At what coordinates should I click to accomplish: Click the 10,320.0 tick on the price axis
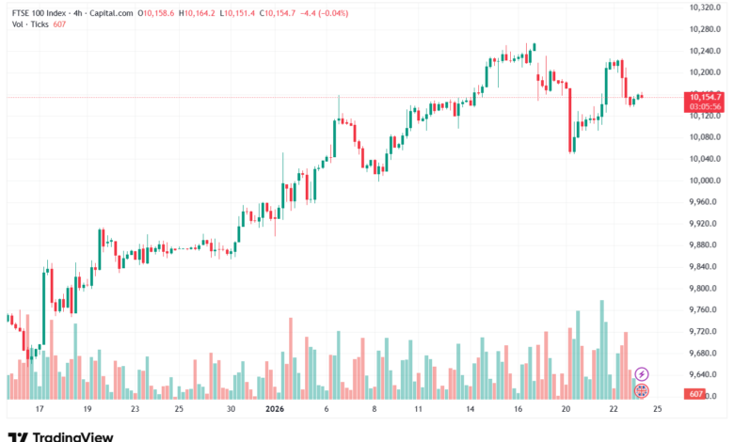[x=703, y=8]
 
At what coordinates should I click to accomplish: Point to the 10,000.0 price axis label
[x=703, y=181]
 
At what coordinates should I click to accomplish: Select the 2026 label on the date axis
[x=274, y=409]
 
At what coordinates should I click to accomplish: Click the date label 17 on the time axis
[x=39, y=409]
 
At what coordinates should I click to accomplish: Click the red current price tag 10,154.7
[x=705, y=97]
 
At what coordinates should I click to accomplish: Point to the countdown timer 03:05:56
[x=705, y=106]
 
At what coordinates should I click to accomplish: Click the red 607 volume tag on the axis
[x=695, y=393]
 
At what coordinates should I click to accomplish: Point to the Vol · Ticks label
[x=27, y=26]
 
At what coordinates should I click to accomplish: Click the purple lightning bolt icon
[x=642, y=374]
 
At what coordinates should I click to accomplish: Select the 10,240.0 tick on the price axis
[x=703, y=51]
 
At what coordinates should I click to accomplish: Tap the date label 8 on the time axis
[x=375, y=409]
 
